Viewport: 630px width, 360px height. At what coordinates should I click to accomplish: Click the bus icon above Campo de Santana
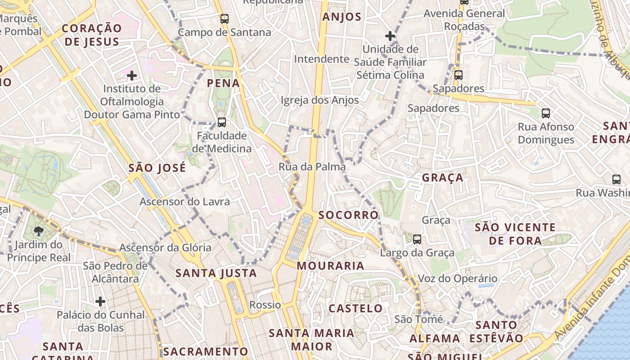pyautogui.click(x=224, y=19)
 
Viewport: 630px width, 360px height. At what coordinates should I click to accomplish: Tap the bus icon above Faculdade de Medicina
pyautogui.click(x=221, y=122)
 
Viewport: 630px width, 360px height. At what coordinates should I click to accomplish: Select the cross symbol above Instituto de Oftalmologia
pyautogui.click(x=131, y=75)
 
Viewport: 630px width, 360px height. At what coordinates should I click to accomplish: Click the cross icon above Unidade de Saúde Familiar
pyautogui.click(x=390, y=36)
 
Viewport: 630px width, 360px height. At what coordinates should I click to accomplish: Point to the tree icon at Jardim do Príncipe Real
pyautogui.click(x=39, y=231)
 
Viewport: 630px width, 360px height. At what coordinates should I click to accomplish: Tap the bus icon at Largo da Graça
pyautogui.click(x=417, y=239)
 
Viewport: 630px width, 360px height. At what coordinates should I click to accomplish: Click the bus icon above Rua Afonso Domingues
pyautogui.click(x=546, y=113)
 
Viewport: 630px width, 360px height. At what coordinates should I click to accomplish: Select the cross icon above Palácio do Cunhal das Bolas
pyautogui.click(x=100, y=301)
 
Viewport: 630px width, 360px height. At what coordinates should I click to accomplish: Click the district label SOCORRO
pyautogui.click(x=349, y=215)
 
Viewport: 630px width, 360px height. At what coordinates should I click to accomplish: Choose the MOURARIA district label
pyautogui.click(x=331, y=266)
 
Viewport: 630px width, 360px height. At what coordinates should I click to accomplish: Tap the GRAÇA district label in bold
pyautogui.click(x=443, y=178)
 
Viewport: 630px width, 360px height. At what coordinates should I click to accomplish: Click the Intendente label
pyautogui.click(x=321, y=59)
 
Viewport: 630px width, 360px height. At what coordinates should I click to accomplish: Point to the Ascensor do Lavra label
pyautogui.click(x=184, y=202)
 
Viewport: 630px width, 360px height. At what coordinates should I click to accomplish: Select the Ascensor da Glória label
pyautogui.click(x=165, y=247)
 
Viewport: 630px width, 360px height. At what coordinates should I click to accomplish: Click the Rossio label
pyautogui.click(x=265, y=305)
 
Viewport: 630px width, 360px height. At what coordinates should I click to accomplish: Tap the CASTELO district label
pyautogui.click(x=356, y=309)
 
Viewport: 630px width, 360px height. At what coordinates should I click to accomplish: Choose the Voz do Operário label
pyautogui.click(x=458, y=279)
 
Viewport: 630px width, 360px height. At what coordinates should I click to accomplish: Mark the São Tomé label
pyautogui.click(x=419, y=319)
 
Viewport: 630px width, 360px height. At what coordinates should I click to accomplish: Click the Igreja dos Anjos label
pyautogui.click(x=319, y=100)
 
